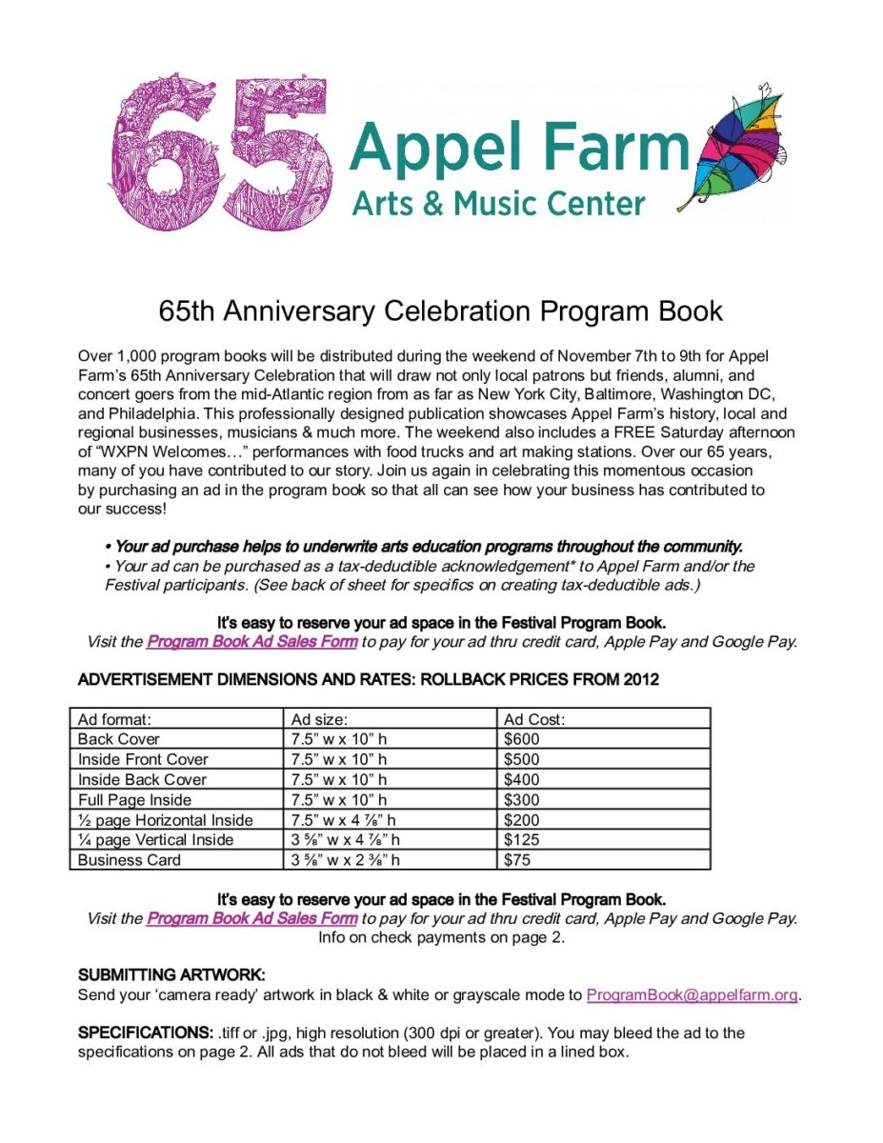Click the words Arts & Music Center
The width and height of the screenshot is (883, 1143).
pos(498,203)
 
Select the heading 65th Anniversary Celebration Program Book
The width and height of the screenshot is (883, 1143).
pos(441,311)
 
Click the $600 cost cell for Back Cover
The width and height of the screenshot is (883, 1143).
pos(521,739)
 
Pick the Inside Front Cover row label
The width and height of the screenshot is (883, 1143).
pos(143,759)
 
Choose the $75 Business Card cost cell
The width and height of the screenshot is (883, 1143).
pos(516,860)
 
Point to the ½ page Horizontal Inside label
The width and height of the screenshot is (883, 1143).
pos(166,820)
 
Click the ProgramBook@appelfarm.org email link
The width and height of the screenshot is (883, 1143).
pos(692,995)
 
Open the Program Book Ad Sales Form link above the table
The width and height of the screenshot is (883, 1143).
pos(251,642)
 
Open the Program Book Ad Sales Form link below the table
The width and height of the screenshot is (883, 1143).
pos(251,918)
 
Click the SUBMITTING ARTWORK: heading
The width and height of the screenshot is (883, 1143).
pos(171,975)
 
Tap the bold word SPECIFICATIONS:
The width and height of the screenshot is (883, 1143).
pos(145,1033)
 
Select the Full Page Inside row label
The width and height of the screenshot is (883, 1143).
pos(134,800)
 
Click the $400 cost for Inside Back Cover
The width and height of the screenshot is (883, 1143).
pos(521,779)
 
